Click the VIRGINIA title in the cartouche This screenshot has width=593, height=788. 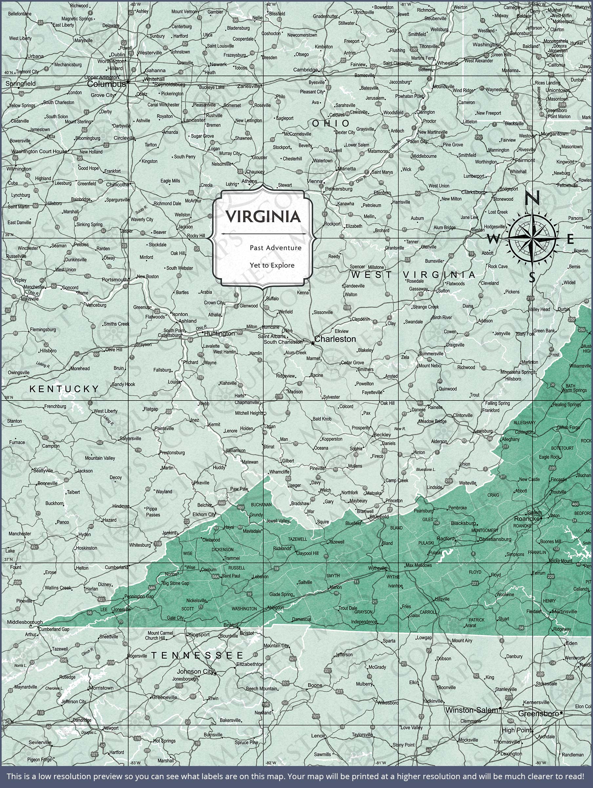click(x=263, y=217)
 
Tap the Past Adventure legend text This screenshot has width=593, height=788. click(x=276, y=248)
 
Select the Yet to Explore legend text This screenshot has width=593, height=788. click(x=272, y=265)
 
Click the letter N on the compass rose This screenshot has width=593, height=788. click(x=533, y=198)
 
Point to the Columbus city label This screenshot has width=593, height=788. click(x=106, y=84)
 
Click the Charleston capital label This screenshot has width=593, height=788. click(x=335, y=339)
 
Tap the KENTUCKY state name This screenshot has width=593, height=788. click(x=64, y=389)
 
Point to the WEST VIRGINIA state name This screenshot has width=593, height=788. click(x=413, y=275)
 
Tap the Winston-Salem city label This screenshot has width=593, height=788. click(x=472, y=710)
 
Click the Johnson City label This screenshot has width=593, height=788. click(x=196, y=671)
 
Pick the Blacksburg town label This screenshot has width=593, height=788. click(x=463, y=523)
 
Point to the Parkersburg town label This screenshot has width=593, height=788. click(x=338, y=189)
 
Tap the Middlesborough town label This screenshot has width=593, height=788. click(x=25, y=622)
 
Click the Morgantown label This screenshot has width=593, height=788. click(x=554, y=134)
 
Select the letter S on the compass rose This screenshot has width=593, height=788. click(x=532, y=277)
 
